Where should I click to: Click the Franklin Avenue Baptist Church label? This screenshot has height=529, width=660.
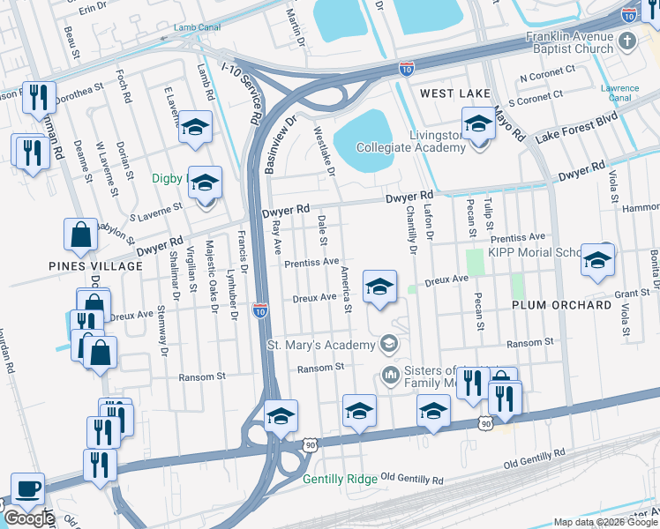point(568,42)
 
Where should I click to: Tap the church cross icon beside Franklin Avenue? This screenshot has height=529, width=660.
point(627,41)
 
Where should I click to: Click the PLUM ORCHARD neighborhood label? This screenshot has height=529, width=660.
point(561,305)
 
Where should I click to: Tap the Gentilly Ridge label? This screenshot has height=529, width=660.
point(340,480)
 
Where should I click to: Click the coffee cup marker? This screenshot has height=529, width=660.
point(26,489)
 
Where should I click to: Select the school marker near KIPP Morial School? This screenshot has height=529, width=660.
point(597,259)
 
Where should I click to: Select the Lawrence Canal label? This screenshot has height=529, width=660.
point(619,93)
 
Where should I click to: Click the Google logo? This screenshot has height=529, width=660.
point(28,518)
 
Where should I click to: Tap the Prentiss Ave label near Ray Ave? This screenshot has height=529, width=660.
point(311,263)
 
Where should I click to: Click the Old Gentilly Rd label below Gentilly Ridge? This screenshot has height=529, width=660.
point(411,480)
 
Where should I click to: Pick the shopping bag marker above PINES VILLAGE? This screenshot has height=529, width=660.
point(80,235)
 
